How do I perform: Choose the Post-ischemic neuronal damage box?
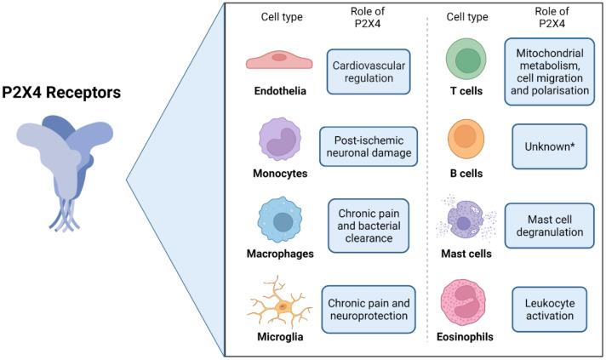369,146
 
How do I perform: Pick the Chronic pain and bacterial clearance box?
369,226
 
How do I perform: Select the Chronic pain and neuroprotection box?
369,304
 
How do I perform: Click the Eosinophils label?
466,335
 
